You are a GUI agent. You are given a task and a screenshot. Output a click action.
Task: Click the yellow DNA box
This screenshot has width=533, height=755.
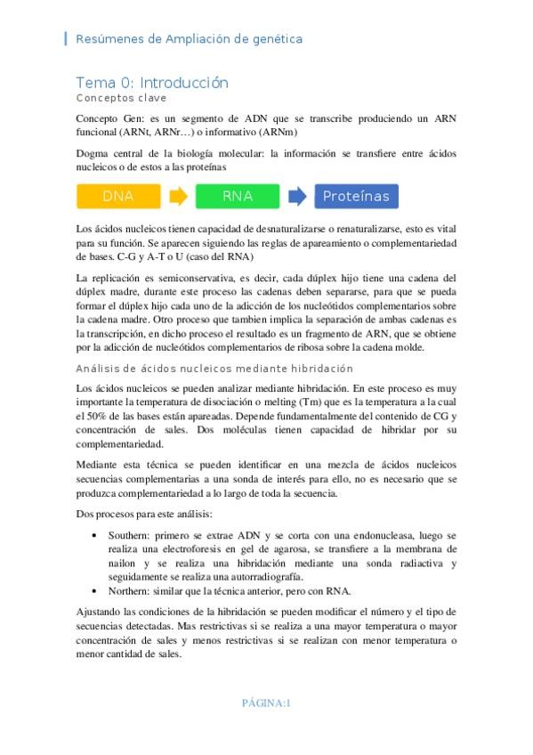click(x=118, y=196)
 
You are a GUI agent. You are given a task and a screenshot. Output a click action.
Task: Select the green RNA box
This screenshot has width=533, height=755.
click(x=238, y=196)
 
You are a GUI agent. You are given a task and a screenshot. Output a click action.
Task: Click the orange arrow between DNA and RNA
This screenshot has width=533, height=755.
click(x=178, y=196)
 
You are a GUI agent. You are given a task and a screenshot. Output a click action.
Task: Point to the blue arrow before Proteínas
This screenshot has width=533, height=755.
click(x=297, y=196)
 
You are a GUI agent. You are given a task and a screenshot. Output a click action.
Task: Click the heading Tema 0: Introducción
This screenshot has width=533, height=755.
click(x=152, y=83)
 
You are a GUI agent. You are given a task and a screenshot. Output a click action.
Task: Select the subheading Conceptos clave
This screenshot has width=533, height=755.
click(x=121, y=98)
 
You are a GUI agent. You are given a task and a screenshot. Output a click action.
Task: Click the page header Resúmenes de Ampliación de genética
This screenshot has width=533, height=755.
click(x=190, y=39)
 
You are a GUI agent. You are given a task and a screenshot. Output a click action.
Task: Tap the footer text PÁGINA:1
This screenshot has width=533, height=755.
click(x=266, y=703)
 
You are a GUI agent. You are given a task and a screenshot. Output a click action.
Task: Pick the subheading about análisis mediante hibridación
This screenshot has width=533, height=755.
click(x=214, y=369)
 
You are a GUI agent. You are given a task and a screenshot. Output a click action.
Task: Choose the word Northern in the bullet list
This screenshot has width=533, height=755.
click(x=130, y=591)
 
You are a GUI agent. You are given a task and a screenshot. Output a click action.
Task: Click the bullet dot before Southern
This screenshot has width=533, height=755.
click(x=95, y=535)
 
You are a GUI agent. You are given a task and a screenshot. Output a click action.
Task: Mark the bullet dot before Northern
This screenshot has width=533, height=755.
click(x=95, y=591)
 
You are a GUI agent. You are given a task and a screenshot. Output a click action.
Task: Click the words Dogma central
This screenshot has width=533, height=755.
click(x=112, y=153)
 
